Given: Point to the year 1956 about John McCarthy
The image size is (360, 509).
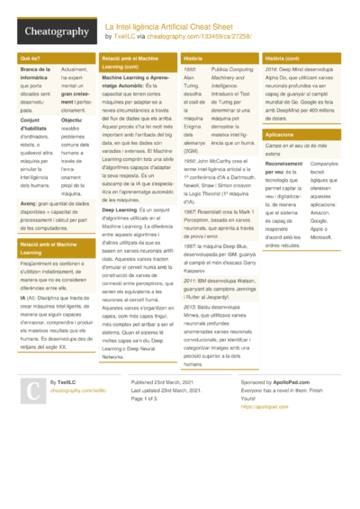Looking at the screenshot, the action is (188, 160).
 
